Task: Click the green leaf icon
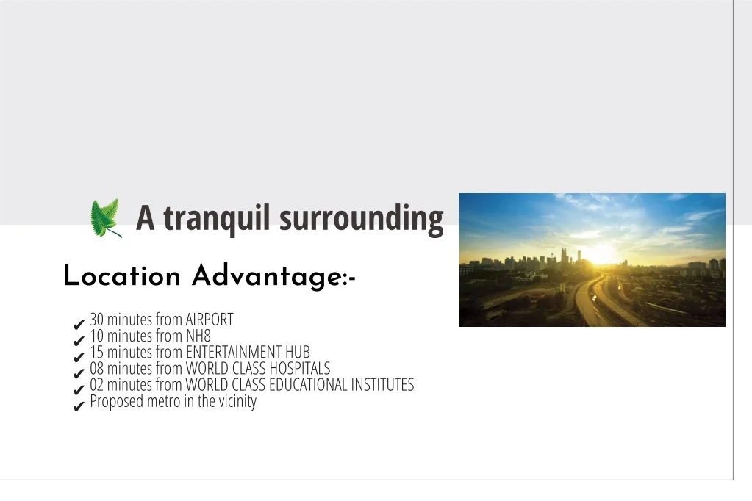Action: click(106, 218)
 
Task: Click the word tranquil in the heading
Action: click(217, 218)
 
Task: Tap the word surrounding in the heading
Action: click(361, 219)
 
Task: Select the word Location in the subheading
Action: click(122, 276)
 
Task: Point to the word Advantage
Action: click(267, 277)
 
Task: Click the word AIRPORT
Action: click(210, 320)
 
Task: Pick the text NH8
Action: click(198, 336)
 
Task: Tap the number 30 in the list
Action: click(96, 320)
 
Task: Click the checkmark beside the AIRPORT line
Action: click(79, 325)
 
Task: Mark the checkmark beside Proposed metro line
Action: click(79, 406)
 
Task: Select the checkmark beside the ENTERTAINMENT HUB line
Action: click(79, 358)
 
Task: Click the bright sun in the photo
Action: click(600, 253)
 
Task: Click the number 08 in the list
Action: click(96, 368)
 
